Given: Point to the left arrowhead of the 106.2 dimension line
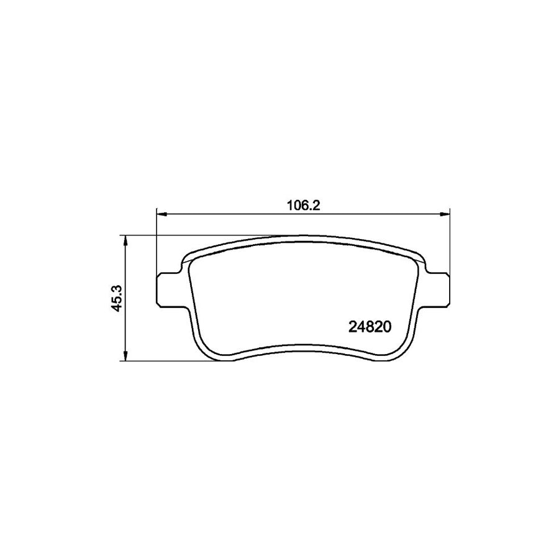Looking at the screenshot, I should point(160,214).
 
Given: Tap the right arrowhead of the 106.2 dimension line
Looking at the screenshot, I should point(445,214).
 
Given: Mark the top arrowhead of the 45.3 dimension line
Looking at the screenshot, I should point(126,240).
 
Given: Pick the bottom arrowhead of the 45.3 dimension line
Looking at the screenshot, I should point(126,356).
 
